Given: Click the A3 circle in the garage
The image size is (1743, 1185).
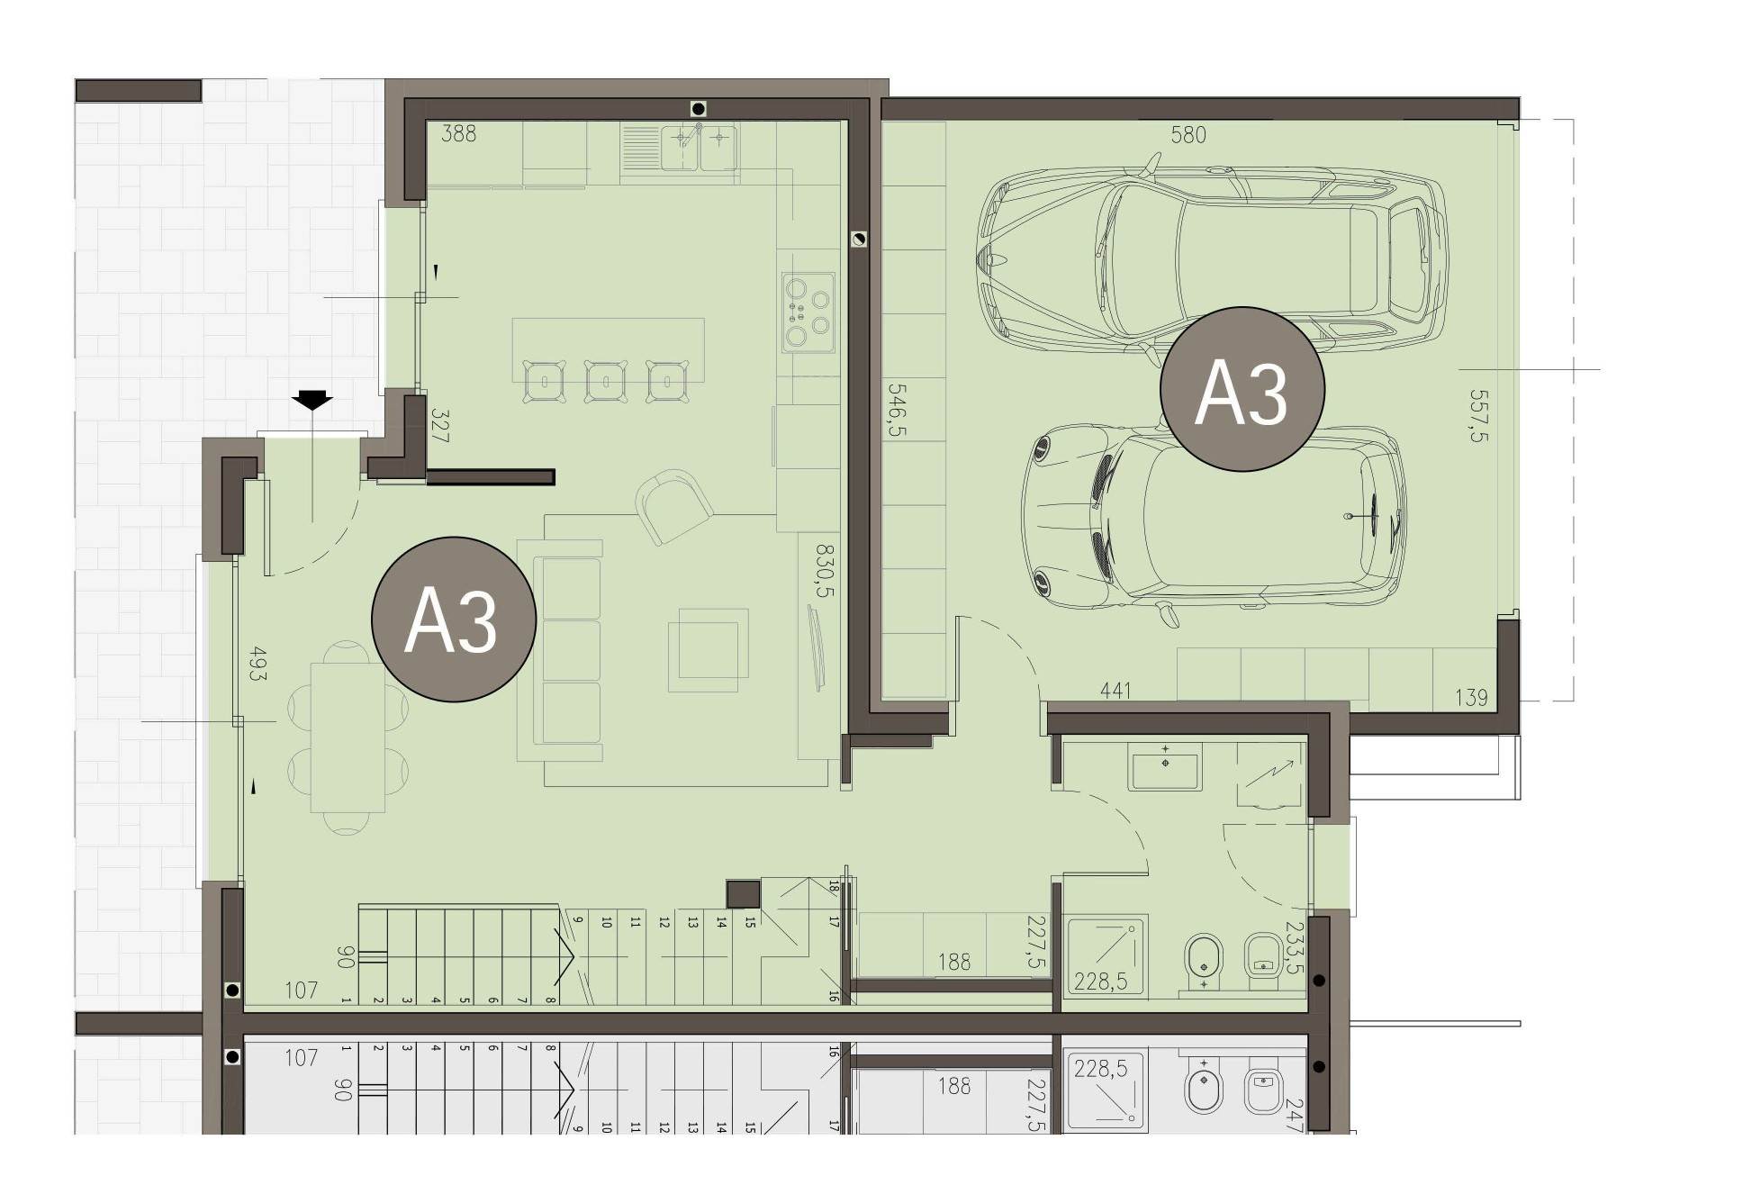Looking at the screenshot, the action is pos(1242,389).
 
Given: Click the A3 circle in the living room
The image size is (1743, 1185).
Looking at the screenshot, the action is pos(454,619).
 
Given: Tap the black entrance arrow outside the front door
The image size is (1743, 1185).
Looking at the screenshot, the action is pos(312,400).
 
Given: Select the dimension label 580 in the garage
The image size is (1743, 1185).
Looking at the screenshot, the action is pos(1188,135).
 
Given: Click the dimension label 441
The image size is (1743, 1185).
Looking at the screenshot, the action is pos(1115,691).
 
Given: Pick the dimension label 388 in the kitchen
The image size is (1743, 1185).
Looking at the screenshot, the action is pos(459,134).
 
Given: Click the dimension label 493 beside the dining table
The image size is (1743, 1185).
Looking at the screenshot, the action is pos(257,664).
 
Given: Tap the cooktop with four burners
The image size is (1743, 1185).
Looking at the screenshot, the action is pos(808,311).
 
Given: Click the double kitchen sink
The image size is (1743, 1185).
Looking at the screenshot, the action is pos(699,147).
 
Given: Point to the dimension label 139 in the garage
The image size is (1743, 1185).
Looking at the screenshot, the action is pos(1471,697).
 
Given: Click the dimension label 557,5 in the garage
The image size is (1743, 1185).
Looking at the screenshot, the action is pos(1477,416).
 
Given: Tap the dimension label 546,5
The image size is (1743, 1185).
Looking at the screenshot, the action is pos(897,411).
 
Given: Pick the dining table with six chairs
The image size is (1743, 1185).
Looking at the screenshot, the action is pos(348,738).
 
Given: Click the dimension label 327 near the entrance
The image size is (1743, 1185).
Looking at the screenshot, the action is pos(439,426).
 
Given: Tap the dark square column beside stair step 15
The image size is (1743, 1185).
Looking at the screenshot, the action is pos(744,893).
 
